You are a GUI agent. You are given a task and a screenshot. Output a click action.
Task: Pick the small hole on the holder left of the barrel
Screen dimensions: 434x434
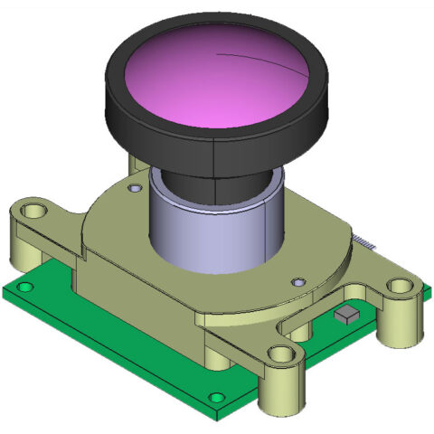(x=136, y=188)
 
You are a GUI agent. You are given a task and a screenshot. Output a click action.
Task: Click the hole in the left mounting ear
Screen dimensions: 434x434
(x=35, y=212)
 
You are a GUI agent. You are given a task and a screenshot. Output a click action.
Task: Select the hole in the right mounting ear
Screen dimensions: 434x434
(x=399, y=287)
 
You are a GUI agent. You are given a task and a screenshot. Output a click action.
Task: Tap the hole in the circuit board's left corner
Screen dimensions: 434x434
(x=26, y=287)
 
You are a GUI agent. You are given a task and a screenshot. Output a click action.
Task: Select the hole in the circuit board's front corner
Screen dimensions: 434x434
(x=215, y=397)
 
